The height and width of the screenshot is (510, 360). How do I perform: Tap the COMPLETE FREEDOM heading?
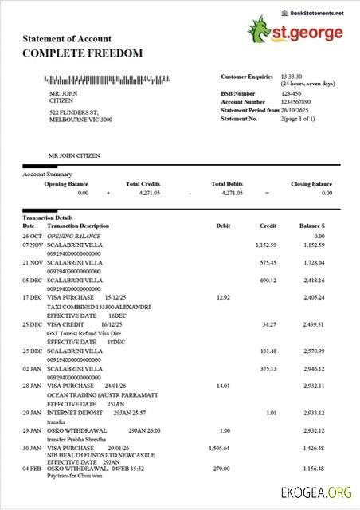(83, 53)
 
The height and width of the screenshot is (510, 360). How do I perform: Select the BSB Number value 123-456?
(291, 93)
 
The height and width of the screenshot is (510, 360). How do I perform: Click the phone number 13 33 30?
(291, 76)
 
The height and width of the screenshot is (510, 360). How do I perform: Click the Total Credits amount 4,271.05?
(143, 193)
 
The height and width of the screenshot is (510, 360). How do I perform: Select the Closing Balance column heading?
(311, 184)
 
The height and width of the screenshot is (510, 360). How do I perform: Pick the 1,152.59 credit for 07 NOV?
(265, 245)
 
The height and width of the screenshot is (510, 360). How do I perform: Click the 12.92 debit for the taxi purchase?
(223, 297)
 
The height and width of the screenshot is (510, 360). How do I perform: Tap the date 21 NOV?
(32, 262)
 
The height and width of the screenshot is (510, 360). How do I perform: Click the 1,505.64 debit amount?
(218, 448)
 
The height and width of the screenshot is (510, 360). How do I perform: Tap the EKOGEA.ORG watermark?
(315, 493)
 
